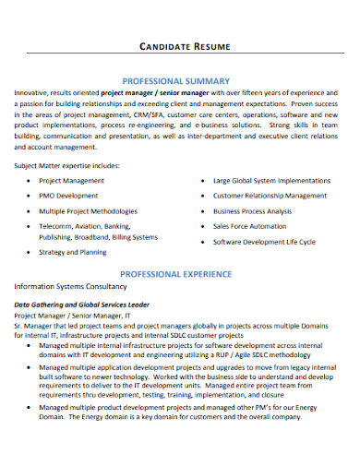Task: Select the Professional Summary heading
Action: tap(179, 80)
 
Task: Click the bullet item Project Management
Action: tap(71, 181)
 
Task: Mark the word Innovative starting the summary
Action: tap(33, 93)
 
